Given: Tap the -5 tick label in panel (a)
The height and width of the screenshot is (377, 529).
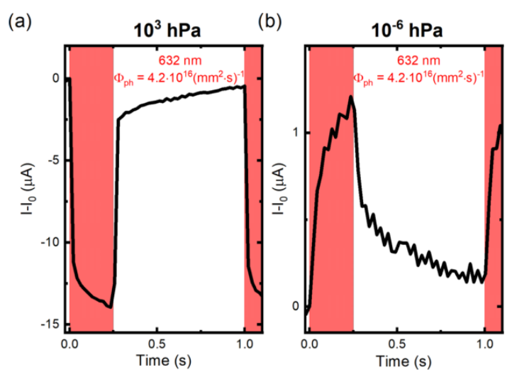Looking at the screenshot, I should [51, 160].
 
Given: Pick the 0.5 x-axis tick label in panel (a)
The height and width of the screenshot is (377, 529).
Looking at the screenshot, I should [157, 343].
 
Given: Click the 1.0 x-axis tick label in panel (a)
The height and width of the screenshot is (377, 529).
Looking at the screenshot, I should [245, 343].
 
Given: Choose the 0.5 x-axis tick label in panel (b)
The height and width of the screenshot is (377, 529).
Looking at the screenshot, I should [397, 343].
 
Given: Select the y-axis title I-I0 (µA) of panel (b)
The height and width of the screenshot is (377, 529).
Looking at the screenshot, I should [277, 188].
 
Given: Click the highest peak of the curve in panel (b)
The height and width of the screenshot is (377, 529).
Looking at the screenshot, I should [350, 97].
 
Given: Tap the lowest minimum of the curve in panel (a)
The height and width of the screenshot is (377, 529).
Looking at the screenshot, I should [110, 307].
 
